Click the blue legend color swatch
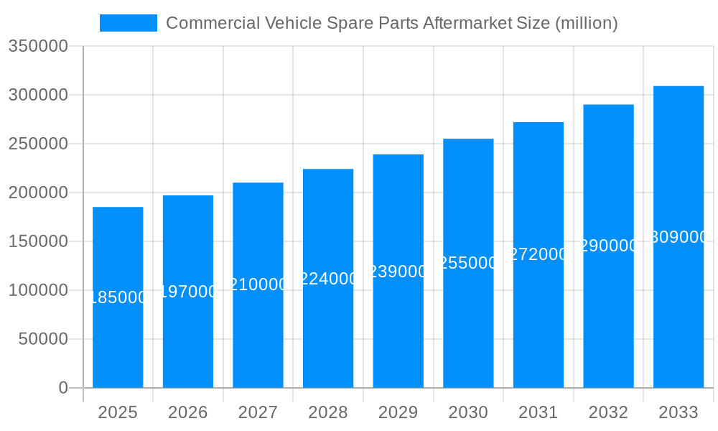click(128, 23)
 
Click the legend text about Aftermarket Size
click(391, 23)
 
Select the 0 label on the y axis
click(62, 389)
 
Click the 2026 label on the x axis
click(188, 413)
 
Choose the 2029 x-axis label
click(398, 413)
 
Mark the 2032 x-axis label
click(608, 413)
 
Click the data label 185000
click(118, 297)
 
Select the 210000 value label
click(258, 284)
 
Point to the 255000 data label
click(468, 263)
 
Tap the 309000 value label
click(679, 237)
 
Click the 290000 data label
click(608, 246)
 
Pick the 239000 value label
click(398, 272)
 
